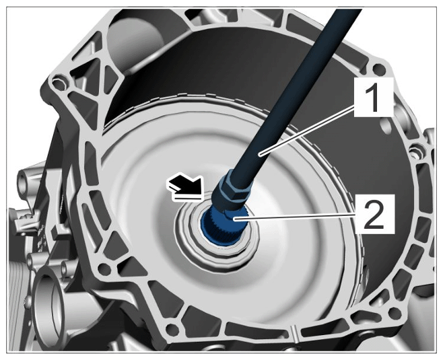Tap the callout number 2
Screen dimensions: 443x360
point(374,215)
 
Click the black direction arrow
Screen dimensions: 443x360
point(186,188)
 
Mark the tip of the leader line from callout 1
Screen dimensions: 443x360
point(260,154)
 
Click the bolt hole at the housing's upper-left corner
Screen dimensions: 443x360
point(59,83)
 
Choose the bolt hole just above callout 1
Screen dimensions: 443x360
point(380,69)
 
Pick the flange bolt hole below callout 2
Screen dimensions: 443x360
point(395,313)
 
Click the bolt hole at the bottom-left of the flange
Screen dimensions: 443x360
point(171,328)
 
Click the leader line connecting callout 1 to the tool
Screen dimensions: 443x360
point(308,131)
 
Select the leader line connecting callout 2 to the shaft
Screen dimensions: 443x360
point(295,217)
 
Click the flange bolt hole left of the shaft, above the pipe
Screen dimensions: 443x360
point(103,269)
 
